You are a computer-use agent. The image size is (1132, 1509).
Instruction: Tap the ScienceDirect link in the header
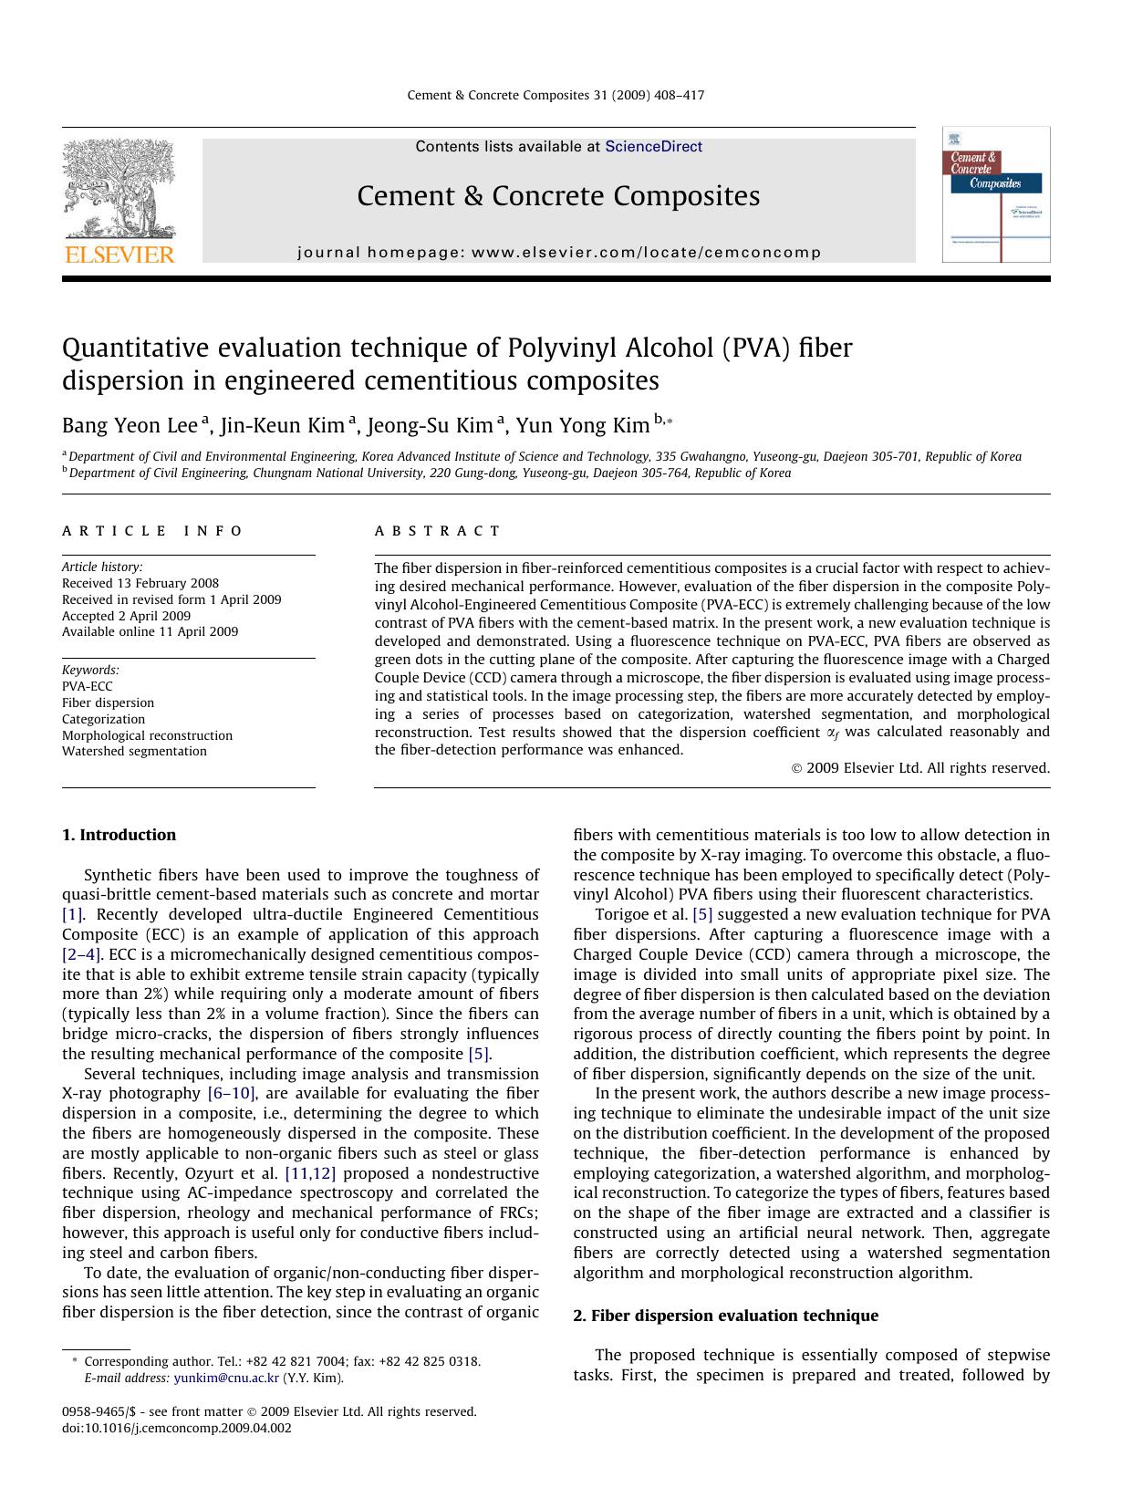click(x=653, y=147)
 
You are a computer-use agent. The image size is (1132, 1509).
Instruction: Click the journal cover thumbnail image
click(x=995, y=195)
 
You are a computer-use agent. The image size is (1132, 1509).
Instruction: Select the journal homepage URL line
click(x=559, y=253)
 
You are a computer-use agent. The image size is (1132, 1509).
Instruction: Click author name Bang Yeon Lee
click(x=130, y=426)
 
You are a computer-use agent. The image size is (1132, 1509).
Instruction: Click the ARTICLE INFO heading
click(x=152, y=531)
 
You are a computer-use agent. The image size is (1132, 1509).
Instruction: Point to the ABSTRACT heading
click(x=438, y=531)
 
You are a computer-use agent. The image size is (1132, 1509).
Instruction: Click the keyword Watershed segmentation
click(x=134, y=752)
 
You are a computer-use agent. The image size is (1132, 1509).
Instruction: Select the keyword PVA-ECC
click(x=88, y=687)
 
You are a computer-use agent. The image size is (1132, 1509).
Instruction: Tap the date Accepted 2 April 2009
click(x=126, y=616)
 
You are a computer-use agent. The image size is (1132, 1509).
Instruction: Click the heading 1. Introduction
click(x=119, y=835)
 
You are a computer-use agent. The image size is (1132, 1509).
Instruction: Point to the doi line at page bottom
click(x=177, y=1429)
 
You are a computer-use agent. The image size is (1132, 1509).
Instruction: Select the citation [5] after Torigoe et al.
click(x=702, y=914)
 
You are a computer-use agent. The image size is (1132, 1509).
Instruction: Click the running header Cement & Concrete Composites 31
click(x=555, y=95)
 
